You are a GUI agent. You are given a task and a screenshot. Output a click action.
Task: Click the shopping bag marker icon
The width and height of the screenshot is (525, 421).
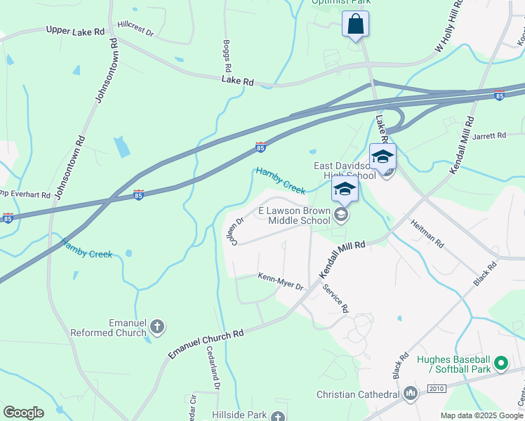coord(356,23)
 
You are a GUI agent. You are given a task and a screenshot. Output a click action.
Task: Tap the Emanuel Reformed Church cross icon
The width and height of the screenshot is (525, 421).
coord(157,326)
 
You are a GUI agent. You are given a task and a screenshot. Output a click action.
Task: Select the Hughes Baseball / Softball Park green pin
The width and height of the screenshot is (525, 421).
coord(500,363)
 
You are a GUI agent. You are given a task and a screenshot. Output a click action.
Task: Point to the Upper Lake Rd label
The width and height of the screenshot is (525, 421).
coord(75,32)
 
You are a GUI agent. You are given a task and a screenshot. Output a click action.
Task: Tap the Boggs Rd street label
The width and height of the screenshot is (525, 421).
coord(227,56)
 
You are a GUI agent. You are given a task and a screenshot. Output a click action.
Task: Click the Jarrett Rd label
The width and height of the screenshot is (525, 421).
coord(489,135)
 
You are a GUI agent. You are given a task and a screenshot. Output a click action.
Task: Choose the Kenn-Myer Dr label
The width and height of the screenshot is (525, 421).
coord(280,281)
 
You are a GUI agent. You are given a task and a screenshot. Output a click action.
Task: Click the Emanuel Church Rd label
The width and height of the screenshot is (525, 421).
coord(206,344)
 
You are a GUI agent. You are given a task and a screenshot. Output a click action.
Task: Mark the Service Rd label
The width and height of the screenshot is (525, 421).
coord(335,297)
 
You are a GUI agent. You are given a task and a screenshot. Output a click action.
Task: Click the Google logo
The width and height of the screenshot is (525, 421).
coord(23,413)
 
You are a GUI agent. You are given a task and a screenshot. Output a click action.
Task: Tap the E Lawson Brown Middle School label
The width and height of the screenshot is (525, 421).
coord(294,215)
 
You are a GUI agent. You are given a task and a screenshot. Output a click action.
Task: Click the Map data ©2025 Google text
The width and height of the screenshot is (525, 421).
coord(481,415)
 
